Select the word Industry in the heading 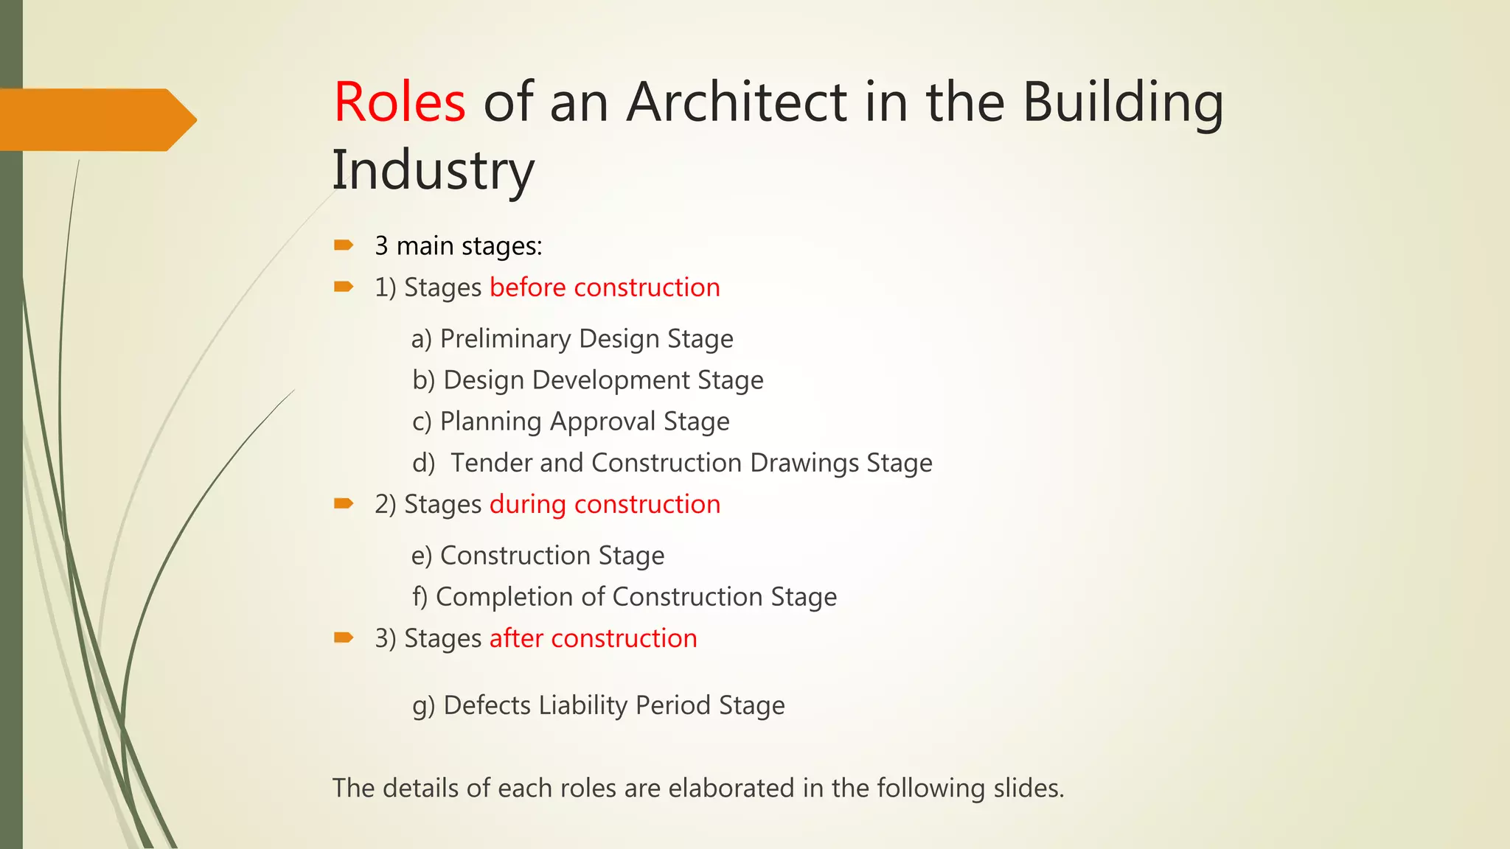click(x=433, y=170)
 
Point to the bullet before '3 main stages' click(x=344, y=245)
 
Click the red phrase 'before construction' click(x=605, y=287)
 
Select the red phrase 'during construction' click(x=605, y=504)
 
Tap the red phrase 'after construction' click(x=593, y=638)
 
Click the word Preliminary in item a click(x=506, y=339)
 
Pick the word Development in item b click(x=610, y=380)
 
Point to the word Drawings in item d click(x=804, y=463)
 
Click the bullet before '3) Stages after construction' click(x=344, y=637)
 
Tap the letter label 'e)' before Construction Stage click(x=422, y=556)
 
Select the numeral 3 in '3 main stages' click(x=381, y=246)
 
